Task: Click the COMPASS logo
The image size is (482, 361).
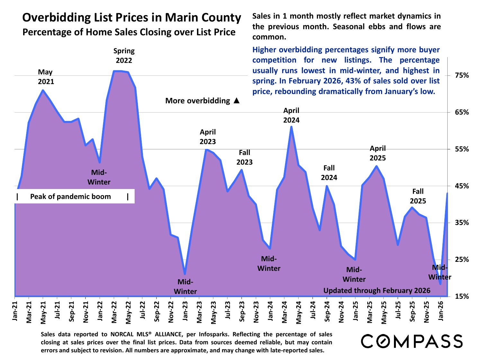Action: point(412,341)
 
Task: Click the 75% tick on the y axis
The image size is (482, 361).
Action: point(462,76)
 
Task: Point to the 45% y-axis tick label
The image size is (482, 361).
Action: point(462,186)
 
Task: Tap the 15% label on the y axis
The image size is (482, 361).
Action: point(462,297)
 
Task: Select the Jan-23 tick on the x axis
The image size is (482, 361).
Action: point(185,310)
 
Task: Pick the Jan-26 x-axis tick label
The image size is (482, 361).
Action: point(441,310)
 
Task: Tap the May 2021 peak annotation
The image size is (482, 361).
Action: point(46,77)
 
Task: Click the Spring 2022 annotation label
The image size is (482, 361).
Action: point(124,56)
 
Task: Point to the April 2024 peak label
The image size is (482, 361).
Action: point(291,115)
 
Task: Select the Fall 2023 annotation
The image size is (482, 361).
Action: point(245,157)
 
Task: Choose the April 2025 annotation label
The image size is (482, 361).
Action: point(378,153)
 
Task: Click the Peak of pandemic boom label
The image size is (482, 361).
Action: point(70,197)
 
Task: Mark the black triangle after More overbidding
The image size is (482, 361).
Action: point(237,101)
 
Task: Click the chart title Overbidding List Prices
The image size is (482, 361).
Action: point(131,18)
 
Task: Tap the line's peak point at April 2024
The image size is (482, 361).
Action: point(291,127)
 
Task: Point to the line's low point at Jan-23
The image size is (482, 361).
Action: point(185,274)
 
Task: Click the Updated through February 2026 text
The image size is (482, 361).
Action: point(377,291)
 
